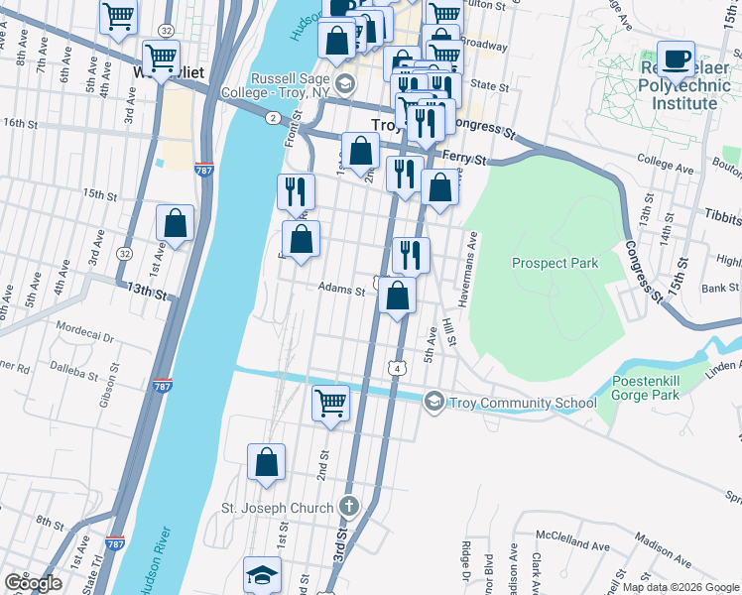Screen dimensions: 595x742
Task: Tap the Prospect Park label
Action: (x=555, y=263)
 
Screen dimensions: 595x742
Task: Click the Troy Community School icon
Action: (x=433, y=402)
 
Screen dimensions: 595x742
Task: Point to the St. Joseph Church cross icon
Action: (x=347, y=507)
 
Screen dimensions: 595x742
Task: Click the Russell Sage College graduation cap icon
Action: (x=344, y=81)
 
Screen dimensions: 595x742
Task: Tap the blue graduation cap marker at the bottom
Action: (x=264, y=575)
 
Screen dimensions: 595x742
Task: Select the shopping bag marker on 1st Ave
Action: (x=176, y=224)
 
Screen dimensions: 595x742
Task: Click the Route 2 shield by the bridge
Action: (x=272, y=118)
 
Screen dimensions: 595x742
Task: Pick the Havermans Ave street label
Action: (x=474, y=255)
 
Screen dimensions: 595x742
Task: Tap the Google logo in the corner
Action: (x=33, y=583)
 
